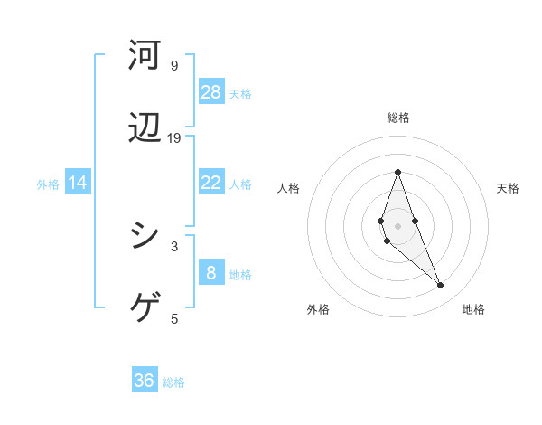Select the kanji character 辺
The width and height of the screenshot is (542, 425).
click(145, 131)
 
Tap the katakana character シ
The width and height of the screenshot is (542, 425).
click(145, 236)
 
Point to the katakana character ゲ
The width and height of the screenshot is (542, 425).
click(145, 309)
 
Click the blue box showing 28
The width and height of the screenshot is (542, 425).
click(211, 91)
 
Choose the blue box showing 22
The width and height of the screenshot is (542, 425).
click(211, 183)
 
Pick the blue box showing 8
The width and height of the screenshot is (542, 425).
click(211, 273)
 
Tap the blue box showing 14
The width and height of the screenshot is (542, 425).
click(78, 183)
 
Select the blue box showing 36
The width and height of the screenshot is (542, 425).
click(145, 381)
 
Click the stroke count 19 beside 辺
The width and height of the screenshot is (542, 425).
click(174, 138)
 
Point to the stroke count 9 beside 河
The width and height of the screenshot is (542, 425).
click(174, 65)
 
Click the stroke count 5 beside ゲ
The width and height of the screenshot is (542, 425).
click(174, 318)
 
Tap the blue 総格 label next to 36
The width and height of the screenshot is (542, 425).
click(173, 382)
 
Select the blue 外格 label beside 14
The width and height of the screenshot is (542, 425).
click(48, 184)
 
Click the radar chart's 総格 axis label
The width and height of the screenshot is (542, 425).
click(397, 118)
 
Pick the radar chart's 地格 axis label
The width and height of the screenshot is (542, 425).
click(473, 310)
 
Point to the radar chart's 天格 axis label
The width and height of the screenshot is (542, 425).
click(509, 188)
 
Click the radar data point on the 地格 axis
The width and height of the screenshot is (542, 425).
click(441, 286)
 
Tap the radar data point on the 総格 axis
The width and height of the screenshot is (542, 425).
click(397, 172)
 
